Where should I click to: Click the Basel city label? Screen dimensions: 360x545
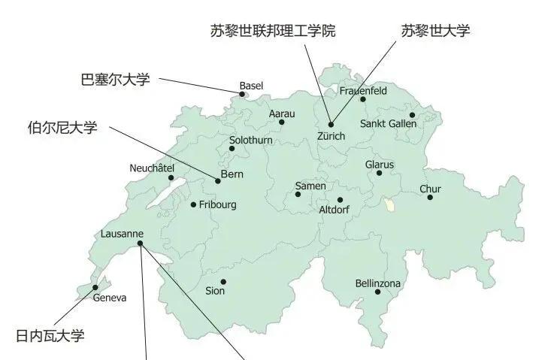tap(251, 86)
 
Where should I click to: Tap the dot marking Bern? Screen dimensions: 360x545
tap(218, 181)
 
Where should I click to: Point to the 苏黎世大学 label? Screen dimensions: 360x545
tap(435, 31)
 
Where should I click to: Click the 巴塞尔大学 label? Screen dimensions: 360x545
tap(115, 79)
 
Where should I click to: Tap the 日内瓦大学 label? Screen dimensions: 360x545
tap(50, 335)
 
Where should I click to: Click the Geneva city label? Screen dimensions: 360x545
tap(110, 298)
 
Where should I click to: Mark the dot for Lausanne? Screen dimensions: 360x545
tap(141, 244)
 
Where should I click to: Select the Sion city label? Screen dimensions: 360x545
tap(215, 290)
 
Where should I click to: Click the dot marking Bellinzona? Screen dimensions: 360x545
tap(378, 292)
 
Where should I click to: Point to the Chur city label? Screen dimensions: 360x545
tap(430, 189)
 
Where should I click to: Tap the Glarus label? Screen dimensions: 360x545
tap(379, 165)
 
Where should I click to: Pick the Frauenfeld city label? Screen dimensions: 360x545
tap(363, 91)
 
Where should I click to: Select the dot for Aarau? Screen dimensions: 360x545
tap(282, 122)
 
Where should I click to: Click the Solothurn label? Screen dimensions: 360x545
tap(252, 140)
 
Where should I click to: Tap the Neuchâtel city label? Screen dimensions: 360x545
tap(152, 168)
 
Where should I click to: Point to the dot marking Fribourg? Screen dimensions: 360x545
tap(193, 204)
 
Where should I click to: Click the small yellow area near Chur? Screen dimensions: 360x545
tap(388, 204)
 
